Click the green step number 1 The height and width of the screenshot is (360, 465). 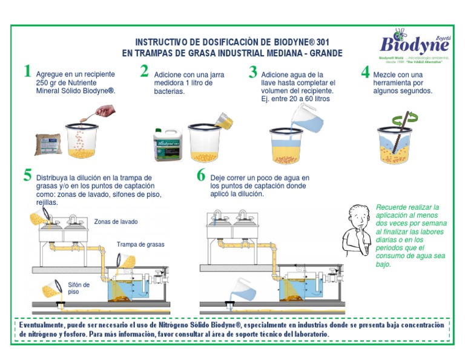tap(27, 72)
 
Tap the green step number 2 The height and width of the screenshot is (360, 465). tap(144, 72)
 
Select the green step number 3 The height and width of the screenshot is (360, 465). tap(253, 72)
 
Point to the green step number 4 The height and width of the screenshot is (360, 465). tap(365, 72)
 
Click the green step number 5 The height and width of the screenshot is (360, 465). tap(27, 176)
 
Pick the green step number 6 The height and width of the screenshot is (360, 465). tap(201, 176)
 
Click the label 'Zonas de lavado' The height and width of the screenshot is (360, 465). tap(116, 222)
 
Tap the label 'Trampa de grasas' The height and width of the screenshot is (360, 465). tap(140, 245)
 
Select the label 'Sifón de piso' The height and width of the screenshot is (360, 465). tap(79, 288)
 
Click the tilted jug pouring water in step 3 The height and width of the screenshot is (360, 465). tap(305, 116)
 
